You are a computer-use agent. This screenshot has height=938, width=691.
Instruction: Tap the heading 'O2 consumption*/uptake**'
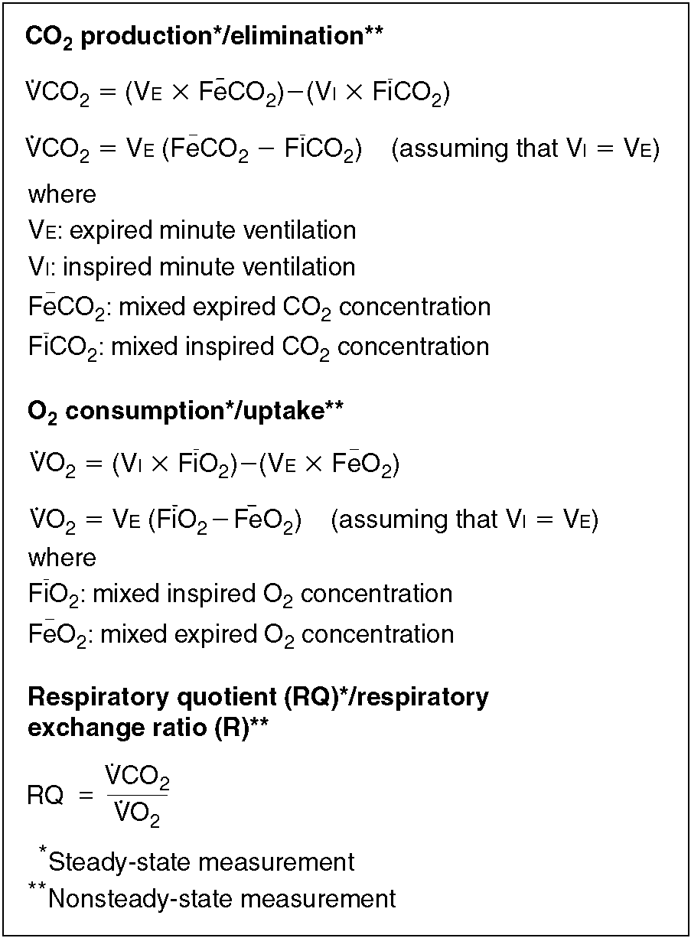click(x=185, y=412)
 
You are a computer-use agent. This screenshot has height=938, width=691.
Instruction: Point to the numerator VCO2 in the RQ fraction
click(x=137, y=778)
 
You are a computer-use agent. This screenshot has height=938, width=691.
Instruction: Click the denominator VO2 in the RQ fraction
click(x=137, y=816)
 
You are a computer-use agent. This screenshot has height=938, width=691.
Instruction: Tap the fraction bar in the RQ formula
click(x=137, y=796)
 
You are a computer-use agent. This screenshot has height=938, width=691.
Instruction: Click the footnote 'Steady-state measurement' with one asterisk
click(x=200, y=862)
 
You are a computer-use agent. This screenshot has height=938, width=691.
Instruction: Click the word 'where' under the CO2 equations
click(x=62, y=194)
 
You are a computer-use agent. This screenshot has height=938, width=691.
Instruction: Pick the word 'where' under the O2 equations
click(x=62, y=558)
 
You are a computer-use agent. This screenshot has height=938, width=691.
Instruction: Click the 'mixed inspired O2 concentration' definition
click(x=272, y=594)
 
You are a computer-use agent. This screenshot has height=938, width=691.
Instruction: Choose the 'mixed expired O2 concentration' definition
click(x=276, y=634)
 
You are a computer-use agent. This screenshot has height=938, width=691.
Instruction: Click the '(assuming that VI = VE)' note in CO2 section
click(x=525, y=149)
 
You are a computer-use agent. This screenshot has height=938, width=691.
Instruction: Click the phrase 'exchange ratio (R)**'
click(x=147, y=728)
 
